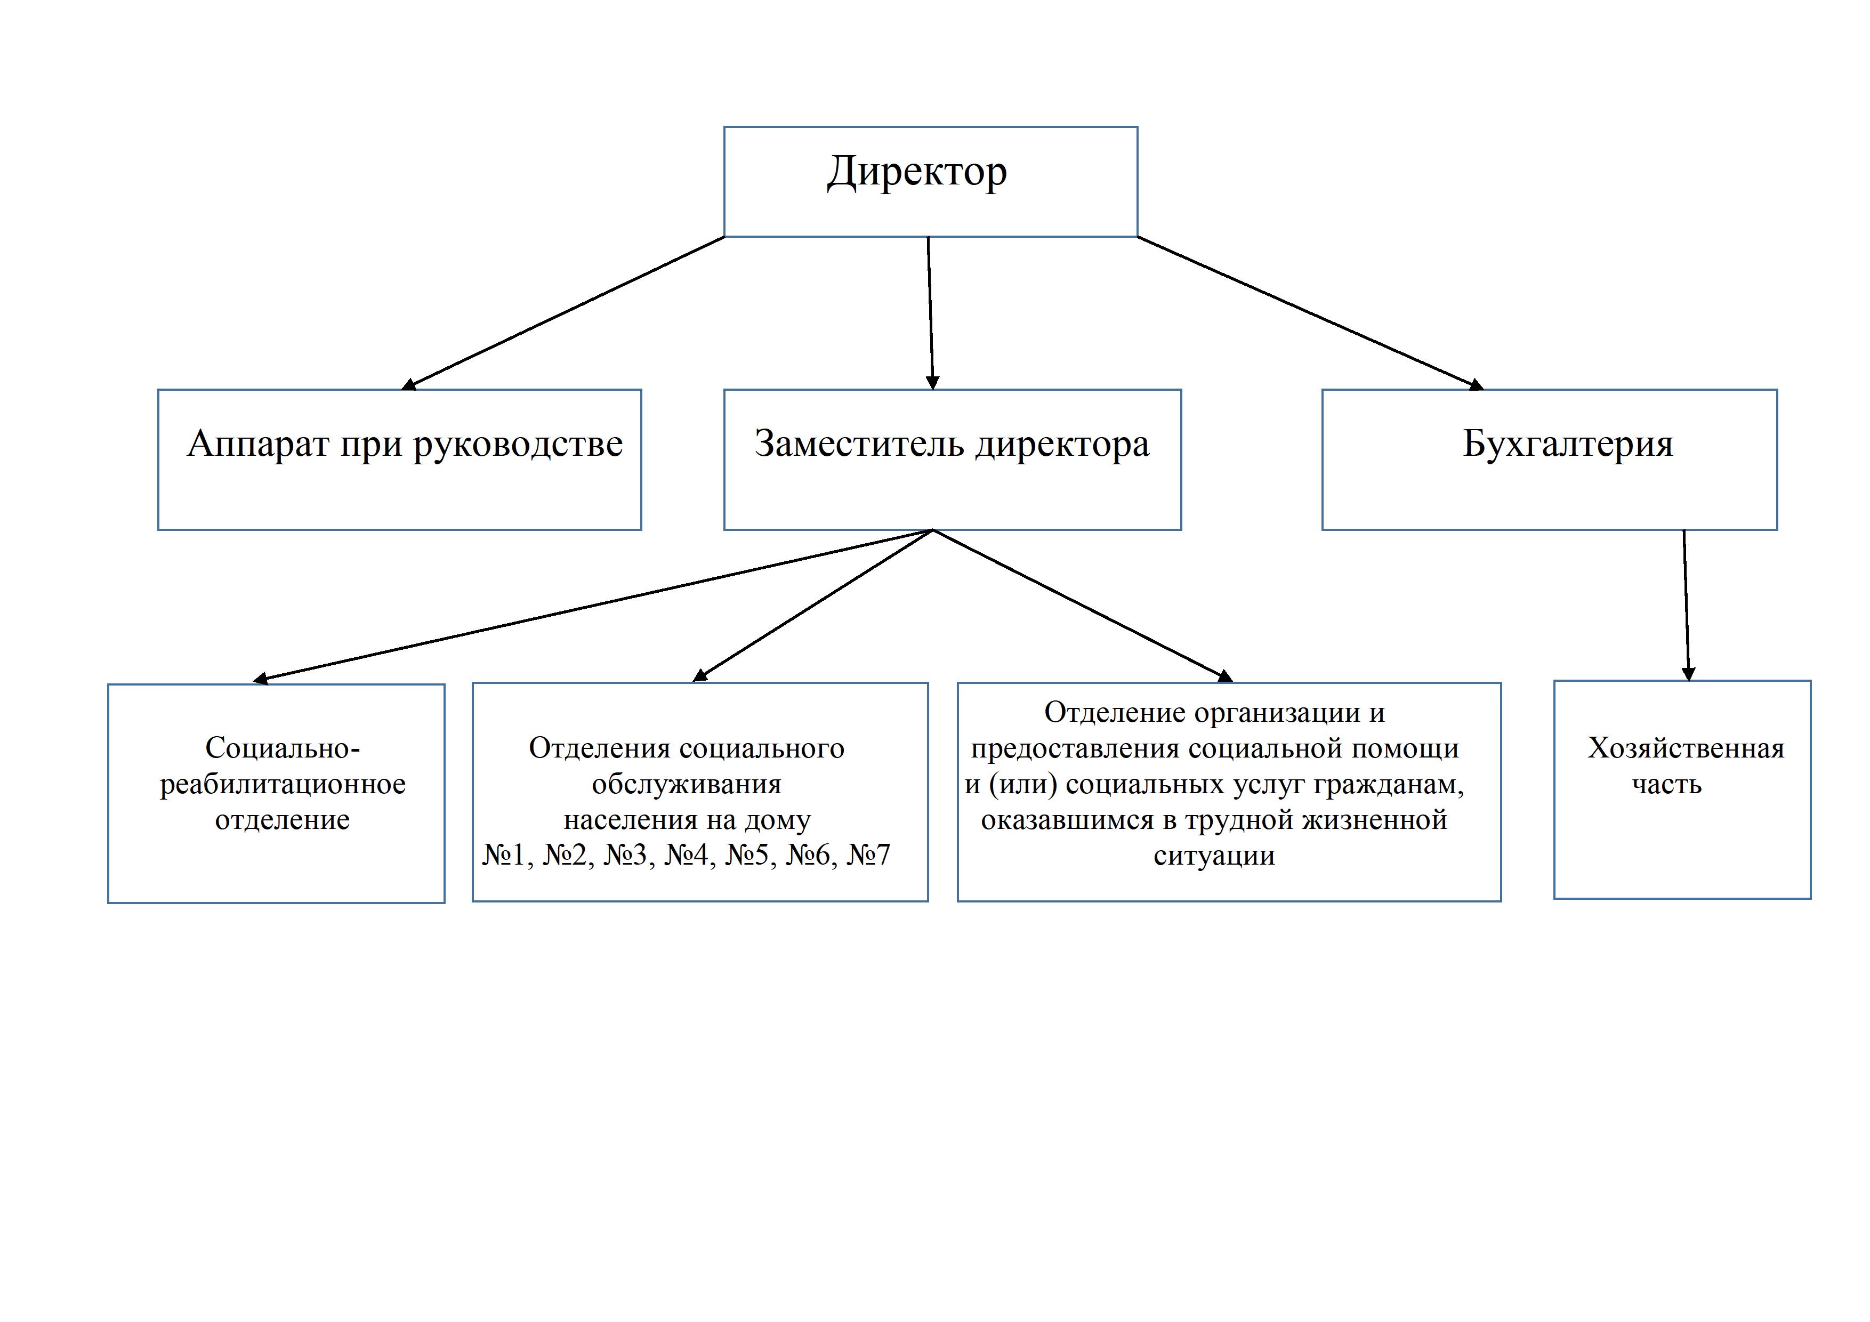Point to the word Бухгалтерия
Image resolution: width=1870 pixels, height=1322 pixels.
[x=1568, y=445]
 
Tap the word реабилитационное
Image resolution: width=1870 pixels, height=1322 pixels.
[x=283, y=784]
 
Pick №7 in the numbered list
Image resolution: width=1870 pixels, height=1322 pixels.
[x=869, y=855]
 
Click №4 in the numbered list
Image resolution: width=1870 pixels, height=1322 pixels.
[x=687, y=855]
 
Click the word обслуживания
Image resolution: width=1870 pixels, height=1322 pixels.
[x=687, y=784]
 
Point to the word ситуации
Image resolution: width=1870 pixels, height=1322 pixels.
[x=1214, y=856]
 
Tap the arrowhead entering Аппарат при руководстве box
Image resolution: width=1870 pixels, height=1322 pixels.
[x=409, y=384]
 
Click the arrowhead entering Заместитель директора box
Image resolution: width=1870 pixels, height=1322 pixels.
[x=933, y=383]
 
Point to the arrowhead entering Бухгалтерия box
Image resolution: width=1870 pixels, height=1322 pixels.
[x=1476, y=384]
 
